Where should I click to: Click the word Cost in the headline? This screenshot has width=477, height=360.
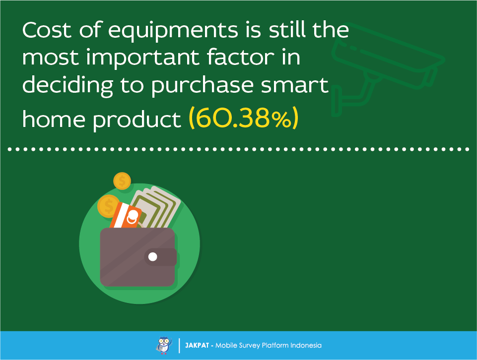coord(47,30)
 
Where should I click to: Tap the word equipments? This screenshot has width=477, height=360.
coord(173,32)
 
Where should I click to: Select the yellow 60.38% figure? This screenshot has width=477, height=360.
coord(244,118)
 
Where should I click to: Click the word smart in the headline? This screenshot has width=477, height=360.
coord(295,85)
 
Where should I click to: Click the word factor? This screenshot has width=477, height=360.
coord(241,57)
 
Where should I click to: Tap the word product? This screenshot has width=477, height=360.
coord(137,120)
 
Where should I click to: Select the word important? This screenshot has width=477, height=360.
coord(142,59)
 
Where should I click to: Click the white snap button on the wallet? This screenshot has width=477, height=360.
coord(153,257)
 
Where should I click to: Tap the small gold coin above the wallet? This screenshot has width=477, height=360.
coord(122,181)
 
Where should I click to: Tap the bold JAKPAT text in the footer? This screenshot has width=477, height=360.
coord(197,346)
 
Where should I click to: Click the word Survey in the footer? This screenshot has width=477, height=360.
coord(250,346)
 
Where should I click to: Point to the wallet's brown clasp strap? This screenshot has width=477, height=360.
coord(161,257)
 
